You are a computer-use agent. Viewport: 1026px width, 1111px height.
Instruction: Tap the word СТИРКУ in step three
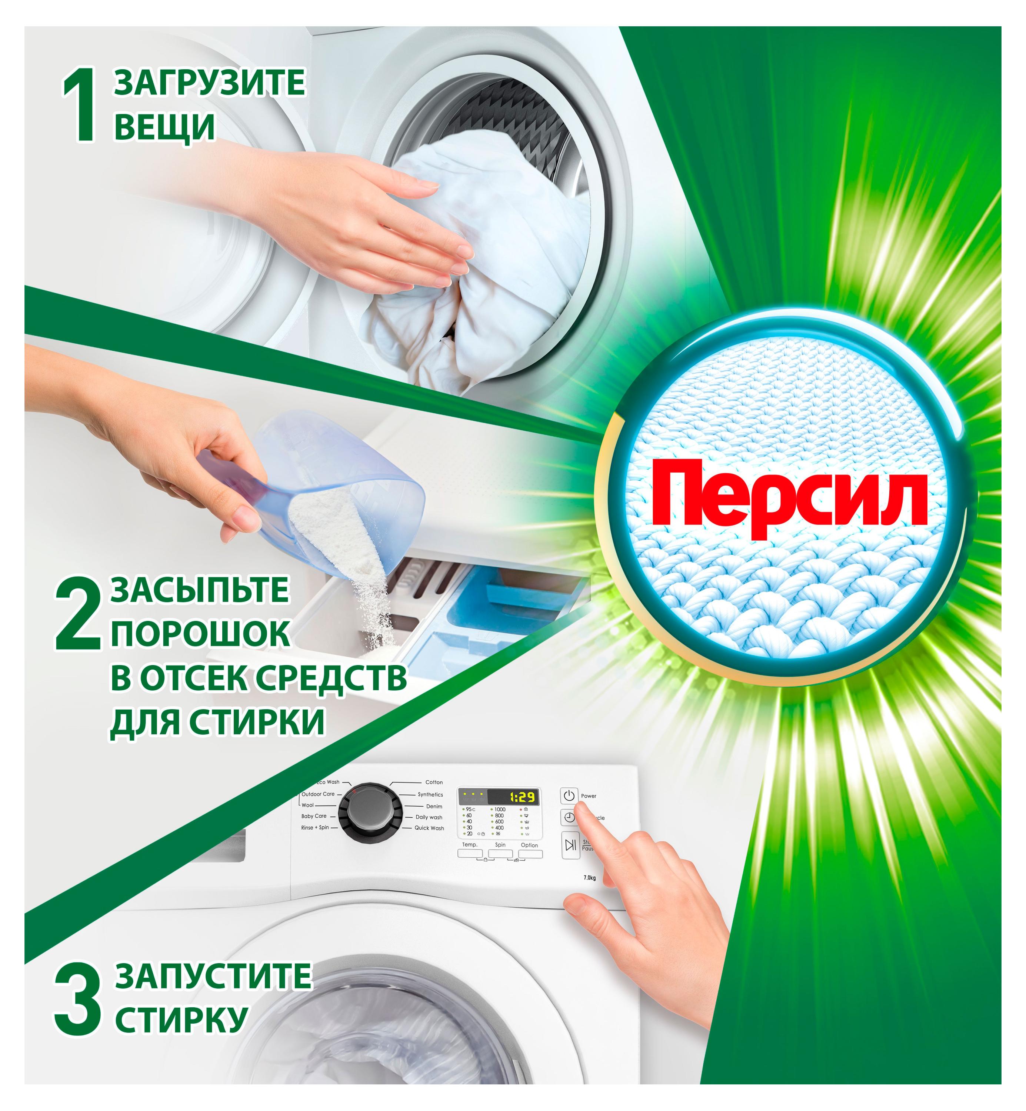tap(181, 1020)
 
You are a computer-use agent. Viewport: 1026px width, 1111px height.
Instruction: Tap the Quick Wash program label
tap(429, 828)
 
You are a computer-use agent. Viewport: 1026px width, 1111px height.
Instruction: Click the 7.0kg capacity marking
tap(589, 878)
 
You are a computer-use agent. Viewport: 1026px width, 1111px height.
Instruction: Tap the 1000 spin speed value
tap(500, 810)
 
